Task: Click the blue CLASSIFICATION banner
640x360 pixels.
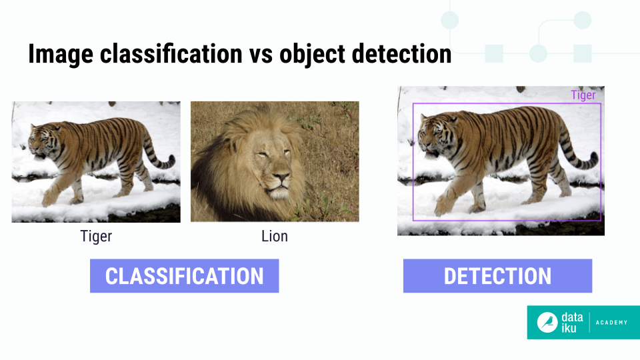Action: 184,276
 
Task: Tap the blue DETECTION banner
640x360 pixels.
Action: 497,276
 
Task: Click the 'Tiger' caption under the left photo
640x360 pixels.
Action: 96,236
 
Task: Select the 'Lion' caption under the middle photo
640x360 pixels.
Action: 275,236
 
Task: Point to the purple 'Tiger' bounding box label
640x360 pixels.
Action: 583,95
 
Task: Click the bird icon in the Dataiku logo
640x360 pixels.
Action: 548,323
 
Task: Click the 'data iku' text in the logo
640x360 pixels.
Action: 572,323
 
